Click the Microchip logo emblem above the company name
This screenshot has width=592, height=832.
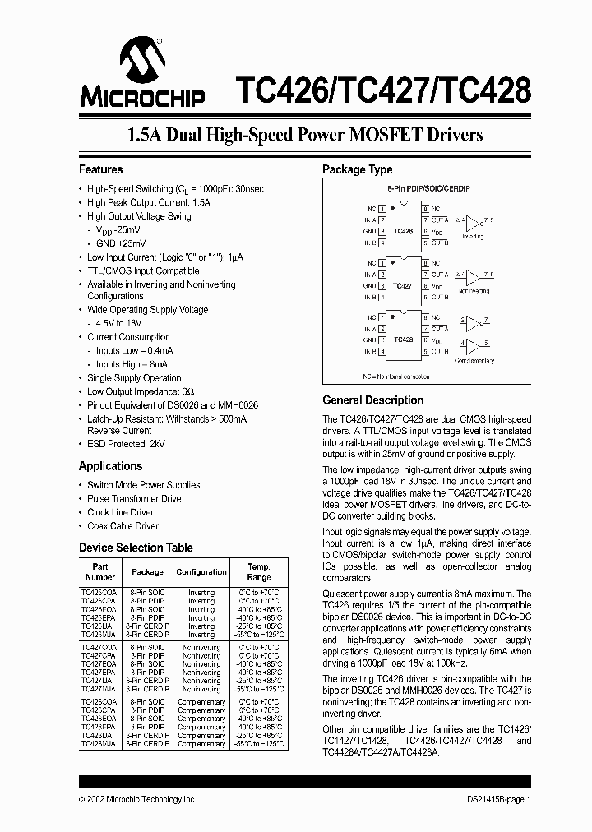143,58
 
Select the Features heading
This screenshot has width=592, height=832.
100,169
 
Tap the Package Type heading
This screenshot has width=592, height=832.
357,169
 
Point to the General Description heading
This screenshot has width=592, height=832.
372,400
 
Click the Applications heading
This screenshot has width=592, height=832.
110,466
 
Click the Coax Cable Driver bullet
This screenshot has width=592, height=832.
123,526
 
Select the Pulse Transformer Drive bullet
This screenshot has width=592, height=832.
134,499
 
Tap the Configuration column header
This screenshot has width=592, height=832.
201,571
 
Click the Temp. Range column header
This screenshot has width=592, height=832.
258,571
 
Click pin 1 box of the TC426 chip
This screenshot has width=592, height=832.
382,210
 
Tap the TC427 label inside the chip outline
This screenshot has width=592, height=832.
402,285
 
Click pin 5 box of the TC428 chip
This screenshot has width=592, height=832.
424,351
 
